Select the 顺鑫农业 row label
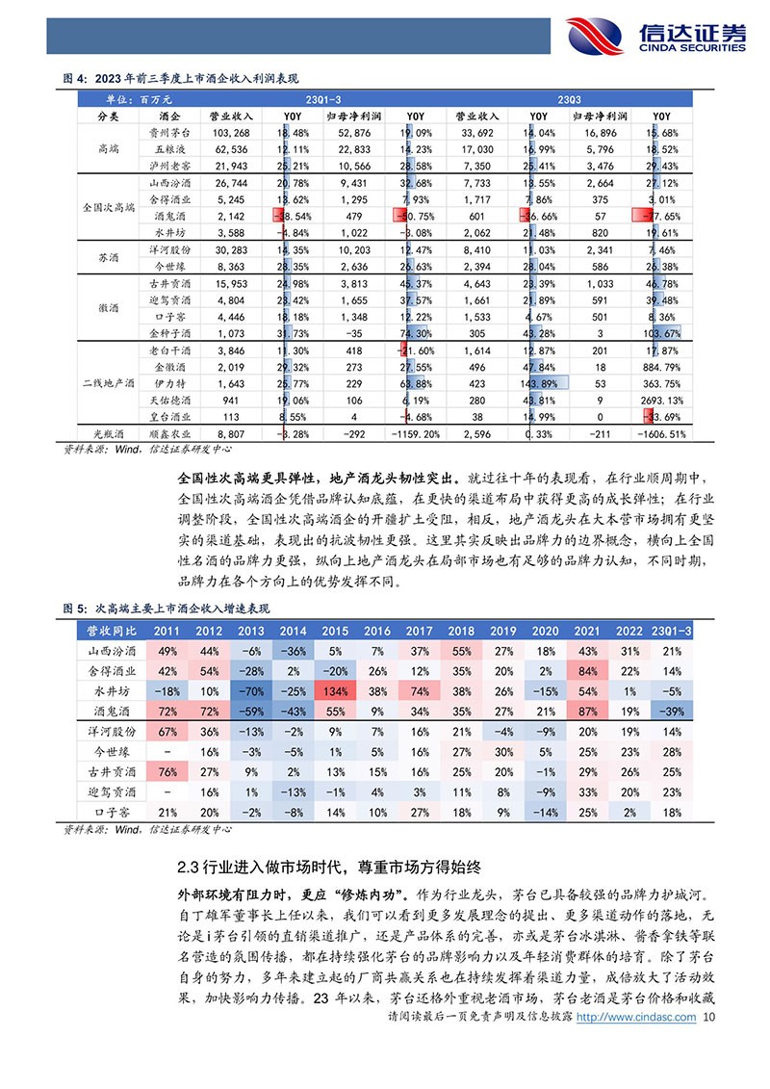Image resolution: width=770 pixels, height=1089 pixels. click(167, 434)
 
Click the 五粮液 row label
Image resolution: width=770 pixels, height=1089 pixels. click(167, 149)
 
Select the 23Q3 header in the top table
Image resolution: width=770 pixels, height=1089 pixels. click(568, 99)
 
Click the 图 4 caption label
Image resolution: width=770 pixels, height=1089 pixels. click(75, 79)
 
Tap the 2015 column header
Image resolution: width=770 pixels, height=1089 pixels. click(334, 630)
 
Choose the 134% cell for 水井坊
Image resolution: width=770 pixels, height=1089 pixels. click(334, 691)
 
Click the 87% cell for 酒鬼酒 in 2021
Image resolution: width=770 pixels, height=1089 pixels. click(587, 712)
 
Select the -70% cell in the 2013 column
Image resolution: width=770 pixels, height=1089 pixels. click(250, 691)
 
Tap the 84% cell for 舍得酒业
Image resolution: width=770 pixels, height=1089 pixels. click(587, 671)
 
